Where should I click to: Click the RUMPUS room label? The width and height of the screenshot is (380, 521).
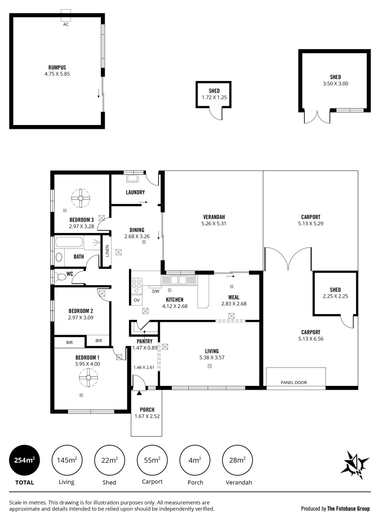click(57, 67)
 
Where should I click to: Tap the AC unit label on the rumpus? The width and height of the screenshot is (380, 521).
click(66, 24)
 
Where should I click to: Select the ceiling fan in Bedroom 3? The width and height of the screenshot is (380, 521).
click(81, 197)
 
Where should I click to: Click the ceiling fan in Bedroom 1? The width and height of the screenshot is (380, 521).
click(88, 378)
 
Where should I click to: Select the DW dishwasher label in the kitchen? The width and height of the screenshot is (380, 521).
click(155, 291)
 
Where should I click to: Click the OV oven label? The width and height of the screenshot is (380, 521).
click(137, 301)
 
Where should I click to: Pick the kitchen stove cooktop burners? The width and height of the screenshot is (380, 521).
click(137, 285)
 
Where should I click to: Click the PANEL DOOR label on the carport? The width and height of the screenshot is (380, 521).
click(294, 383)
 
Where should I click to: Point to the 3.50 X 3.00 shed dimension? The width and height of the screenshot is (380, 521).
click(335, 83)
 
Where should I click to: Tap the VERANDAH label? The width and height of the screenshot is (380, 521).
click(214, 217)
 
